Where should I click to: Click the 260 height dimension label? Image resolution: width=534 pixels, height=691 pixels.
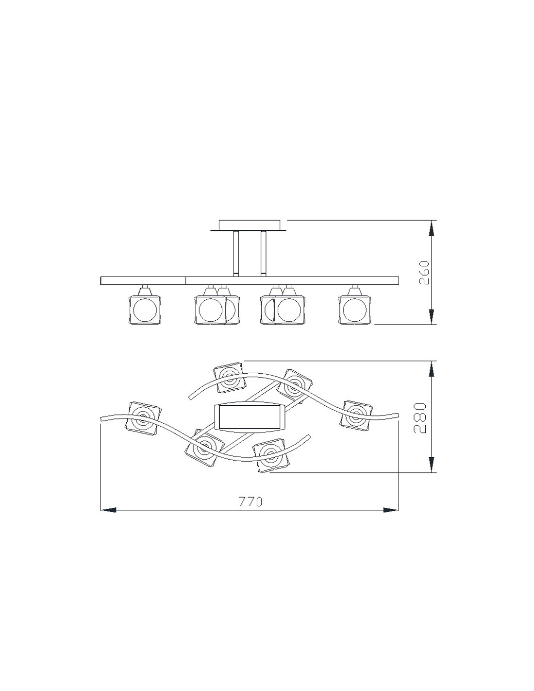pyautogui.click(x=424, y=273)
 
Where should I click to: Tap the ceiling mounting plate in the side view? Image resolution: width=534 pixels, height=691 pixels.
pyautogui.click(x=249, y=225)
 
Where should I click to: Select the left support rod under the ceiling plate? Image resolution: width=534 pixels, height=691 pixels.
pyautogui.click(x=236, y=253)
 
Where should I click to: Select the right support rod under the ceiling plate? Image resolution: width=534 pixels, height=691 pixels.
pyautogui.click(x=263, y=253)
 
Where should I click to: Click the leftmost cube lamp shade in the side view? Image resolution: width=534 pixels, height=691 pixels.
pyautogui.click(x=145, y=310)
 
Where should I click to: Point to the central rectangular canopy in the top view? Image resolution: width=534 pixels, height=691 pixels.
pyautogui.click(x=249, y=418)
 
